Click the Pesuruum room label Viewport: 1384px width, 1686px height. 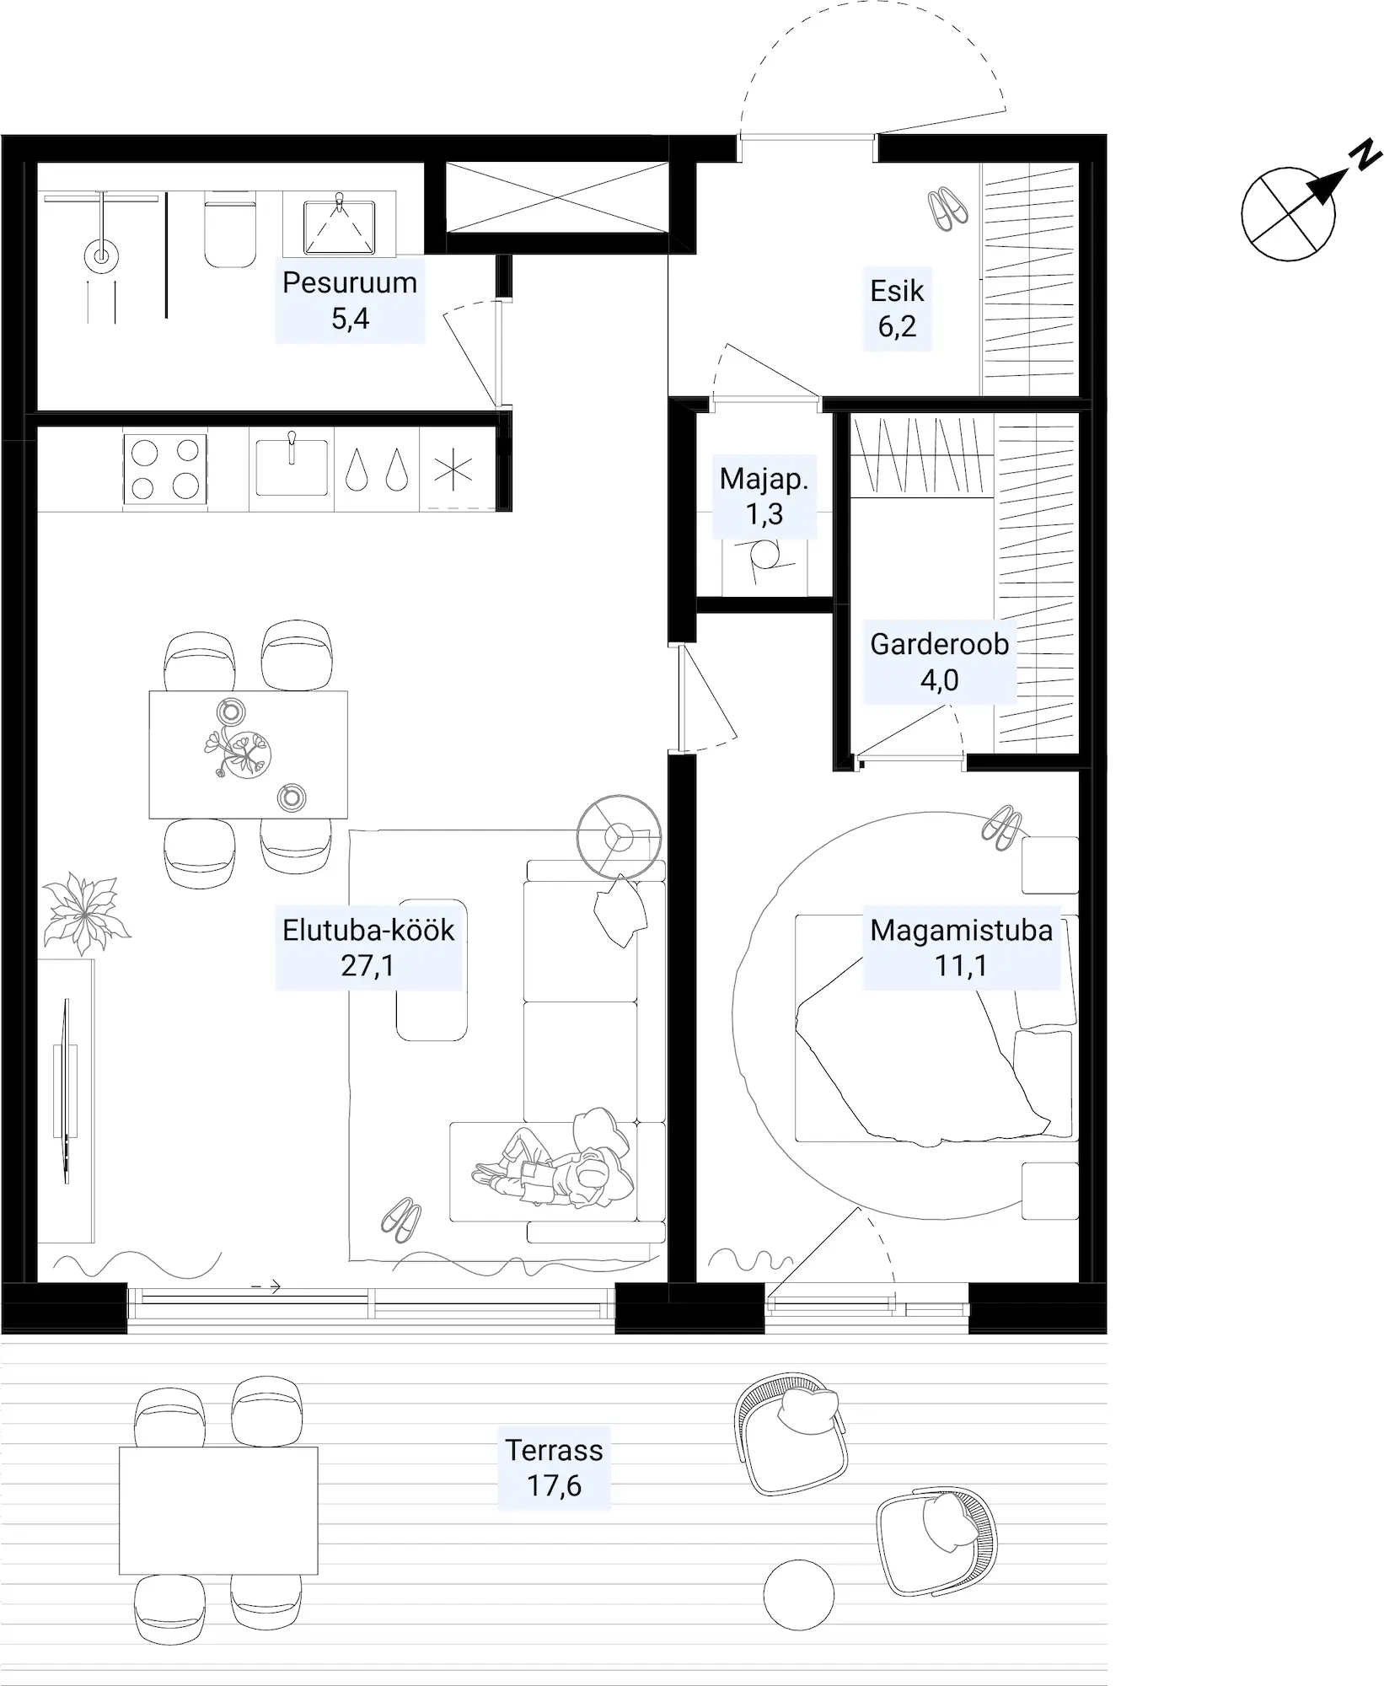[350, 300]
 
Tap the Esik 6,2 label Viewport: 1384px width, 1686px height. [897, 309]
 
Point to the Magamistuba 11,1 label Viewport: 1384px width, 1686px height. [961, 948]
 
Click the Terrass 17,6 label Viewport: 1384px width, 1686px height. [554, 1468]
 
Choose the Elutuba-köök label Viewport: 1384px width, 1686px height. [368, 948]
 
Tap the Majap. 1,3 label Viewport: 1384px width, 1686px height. [764, 496]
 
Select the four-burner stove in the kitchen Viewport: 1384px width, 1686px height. [165, 470]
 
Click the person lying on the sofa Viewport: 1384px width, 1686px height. [554, 1158]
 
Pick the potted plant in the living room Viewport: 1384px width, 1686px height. [87, 914]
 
